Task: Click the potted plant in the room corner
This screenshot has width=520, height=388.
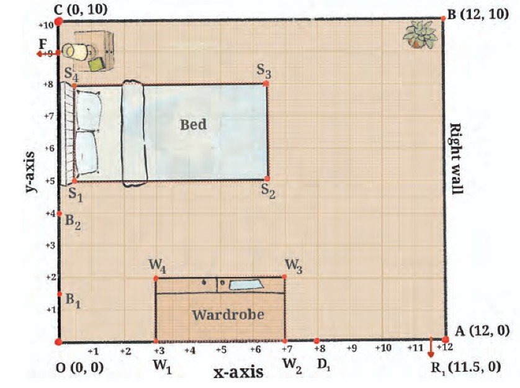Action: pos(419,35)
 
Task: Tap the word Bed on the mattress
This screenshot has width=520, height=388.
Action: pos(194,124)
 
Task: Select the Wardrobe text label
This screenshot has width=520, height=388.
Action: pos(228,314)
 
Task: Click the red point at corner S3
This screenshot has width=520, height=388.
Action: pos(266,84)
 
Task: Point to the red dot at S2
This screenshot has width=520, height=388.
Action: pos(267,179)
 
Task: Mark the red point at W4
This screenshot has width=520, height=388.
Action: pos(156,278)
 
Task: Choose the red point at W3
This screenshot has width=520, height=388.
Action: pos(285,277)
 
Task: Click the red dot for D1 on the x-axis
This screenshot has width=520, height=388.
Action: pos(316,341)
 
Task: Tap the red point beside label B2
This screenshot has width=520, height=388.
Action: pos(60,214)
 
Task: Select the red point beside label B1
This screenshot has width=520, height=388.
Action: pos(60,294)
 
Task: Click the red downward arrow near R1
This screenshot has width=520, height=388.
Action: pos(431,347)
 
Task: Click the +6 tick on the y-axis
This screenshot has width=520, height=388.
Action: pos(50,148)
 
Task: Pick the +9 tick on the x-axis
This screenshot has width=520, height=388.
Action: pos(352,348)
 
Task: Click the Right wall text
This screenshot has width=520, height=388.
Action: pos(455,158)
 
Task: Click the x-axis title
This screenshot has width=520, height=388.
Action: pos(239,372)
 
